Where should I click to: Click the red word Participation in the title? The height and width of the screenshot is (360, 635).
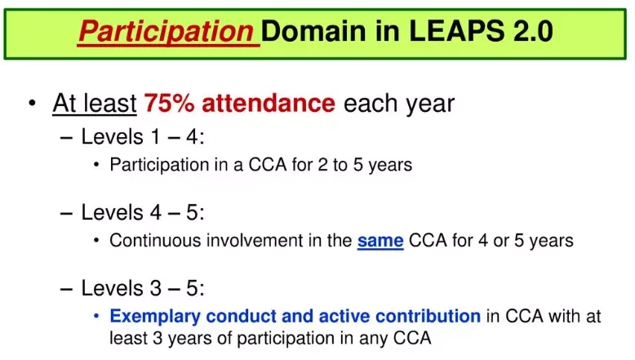166,32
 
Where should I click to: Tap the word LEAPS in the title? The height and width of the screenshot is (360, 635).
457,31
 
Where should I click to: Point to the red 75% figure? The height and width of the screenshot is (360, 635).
169,103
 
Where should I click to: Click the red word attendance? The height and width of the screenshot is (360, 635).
269,103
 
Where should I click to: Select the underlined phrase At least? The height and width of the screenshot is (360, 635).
95,103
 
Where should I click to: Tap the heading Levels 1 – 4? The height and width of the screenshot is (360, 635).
143,136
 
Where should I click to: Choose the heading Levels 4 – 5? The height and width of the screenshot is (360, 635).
143,212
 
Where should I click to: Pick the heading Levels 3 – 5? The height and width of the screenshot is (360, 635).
143,288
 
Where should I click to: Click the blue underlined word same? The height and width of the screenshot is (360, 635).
380,241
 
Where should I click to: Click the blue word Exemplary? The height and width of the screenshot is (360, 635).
155,317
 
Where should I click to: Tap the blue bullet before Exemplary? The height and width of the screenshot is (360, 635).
96,316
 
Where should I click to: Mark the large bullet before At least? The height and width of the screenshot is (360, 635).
33,103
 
